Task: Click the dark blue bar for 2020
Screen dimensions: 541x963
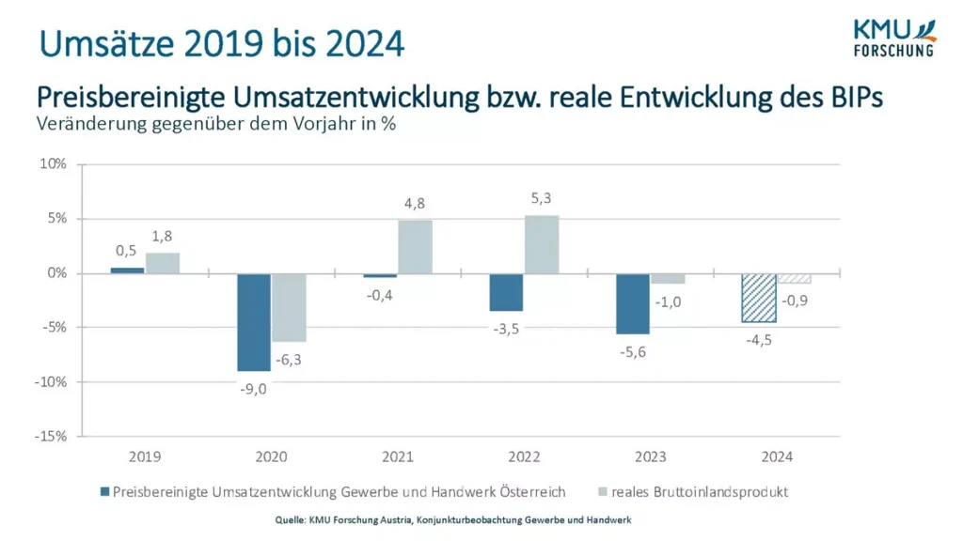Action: pyautogui.click(x=253, y=322)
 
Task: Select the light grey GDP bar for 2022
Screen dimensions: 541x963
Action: pyautogui.click(x=542, y=245)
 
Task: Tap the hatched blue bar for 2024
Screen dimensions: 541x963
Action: pyautogui.click(x=759, y=298)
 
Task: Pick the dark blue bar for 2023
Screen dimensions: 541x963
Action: pyautogui.click(x=633, y=303)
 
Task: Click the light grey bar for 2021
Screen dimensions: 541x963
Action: pyautogui.click(x=415, y=247)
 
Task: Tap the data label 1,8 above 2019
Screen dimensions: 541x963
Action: pyautogui.click(x=162, y=236)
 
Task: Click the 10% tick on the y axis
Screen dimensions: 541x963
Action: pyautogui.click(x=53, y=164)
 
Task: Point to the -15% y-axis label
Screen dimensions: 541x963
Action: pyautogui.click(x=51, y=437)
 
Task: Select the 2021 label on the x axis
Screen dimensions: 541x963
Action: pyautogui.click(x=398, y=457)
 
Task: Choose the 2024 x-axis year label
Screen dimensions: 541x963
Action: pyautogui.click(x=777, y=457)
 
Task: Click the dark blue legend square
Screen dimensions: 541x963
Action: pyautogui.click(x=104, y=491)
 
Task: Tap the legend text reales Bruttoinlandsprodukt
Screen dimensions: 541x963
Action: pyautogui.click(x=700, y=491)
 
